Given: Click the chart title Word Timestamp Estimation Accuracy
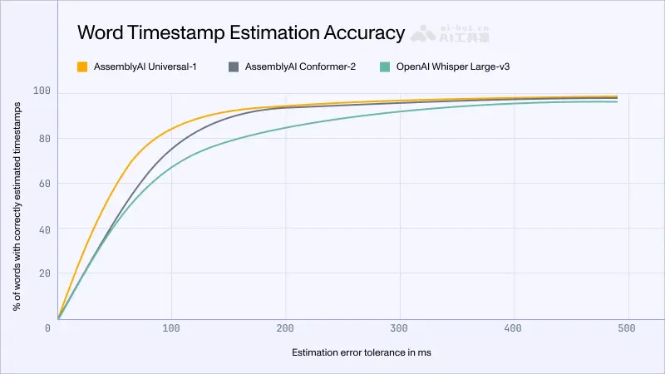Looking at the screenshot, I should click(x=240, y=32).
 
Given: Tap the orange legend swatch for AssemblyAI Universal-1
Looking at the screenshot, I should click(x=81, y=66).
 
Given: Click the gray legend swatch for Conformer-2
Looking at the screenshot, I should click(x=234, y=66).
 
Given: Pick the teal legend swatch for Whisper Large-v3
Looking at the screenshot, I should click(x=384, y=66).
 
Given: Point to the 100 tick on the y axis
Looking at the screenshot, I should click(x=41, y=91).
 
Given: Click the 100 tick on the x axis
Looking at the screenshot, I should click(x=172, y=328).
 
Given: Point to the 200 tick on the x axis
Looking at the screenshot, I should click(x=286, y=328).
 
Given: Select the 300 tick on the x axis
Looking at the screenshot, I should click(x=400, y=328).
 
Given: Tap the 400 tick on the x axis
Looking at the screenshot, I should click(x=514, y=328).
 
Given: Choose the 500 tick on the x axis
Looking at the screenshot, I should click(x=628, y=328).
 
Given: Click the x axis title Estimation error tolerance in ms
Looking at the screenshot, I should click(x=361, y=352).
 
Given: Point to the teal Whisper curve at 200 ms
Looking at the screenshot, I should click(x=286, y=127).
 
